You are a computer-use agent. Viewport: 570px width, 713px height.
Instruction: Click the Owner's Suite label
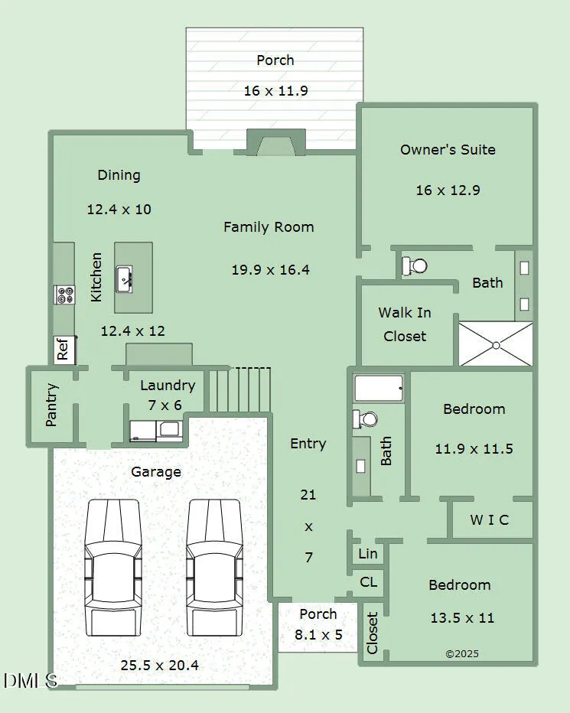(448, 150)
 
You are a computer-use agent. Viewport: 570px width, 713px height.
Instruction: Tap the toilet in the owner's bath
(415, 265)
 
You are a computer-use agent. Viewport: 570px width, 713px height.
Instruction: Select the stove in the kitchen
(64, 295)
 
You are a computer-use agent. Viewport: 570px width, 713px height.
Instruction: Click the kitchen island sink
(124, 279)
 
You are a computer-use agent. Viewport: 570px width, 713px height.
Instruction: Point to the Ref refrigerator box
(64, 349)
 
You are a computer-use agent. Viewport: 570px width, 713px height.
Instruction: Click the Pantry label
(52, 405)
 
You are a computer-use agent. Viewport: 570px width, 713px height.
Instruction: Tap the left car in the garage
(112, 568)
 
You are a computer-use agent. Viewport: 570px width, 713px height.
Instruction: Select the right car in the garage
(214, 568)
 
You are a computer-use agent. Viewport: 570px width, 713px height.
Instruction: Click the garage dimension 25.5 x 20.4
(160, 666)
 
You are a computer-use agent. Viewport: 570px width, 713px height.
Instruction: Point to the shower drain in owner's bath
(496, 346)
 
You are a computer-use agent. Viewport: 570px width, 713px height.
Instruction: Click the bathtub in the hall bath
(379, 388)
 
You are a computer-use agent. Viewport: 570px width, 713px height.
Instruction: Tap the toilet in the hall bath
(365, 418)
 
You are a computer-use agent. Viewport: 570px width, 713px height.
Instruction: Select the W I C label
(489, 519)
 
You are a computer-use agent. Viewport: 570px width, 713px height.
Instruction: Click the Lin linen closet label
(367, 553)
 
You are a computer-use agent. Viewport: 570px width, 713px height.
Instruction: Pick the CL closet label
(368, 581)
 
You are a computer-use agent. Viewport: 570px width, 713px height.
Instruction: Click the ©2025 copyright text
(461, 654)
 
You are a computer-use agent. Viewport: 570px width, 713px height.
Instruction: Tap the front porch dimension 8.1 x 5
(318, 634)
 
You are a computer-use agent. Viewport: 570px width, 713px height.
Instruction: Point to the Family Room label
(269, 227)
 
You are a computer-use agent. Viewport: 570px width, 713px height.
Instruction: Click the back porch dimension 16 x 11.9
(275, 90)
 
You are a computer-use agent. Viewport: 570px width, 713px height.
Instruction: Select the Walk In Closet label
(405, 324)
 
